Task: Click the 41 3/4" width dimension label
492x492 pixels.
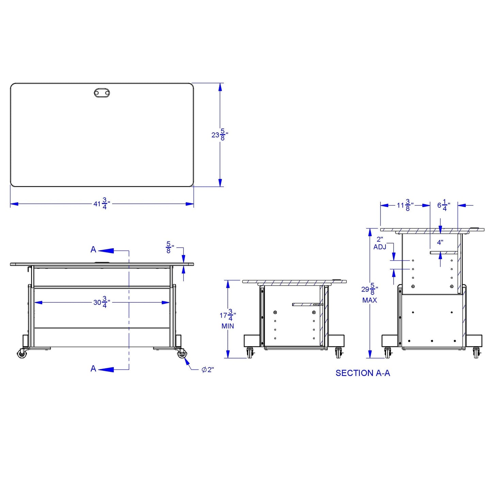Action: point(101,204)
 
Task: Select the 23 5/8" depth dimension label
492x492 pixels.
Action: point(220,135)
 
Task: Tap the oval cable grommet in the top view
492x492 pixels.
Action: point(102,92)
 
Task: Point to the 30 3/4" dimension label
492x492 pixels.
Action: point(101,302)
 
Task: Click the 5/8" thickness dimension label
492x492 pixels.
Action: point(170,247)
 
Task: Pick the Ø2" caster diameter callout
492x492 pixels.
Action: point(207,370)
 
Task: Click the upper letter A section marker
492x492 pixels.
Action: point(93,250)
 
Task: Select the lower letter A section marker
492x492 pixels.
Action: point(93,369)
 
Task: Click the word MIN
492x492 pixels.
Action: point(227,326)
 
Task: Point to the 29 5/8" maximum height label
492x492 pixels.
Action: point(369,289)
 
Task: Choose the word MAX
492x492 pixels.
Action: point(369,300)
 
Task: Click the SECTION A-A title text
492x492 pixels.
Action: point(363,373)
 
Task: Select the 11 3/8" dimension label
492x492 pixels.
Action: point(405,205)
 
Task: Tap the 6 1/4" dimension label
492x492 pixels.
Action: point(443,205)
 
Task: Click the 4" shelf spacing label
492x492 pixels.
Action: point(440,242)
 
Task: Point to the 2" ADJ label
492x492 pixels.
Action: point(380,243)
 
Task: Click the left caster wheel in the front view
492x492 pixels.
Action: point(22,354)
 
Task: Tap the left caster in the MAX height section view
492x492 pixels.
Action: point(388,353)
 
